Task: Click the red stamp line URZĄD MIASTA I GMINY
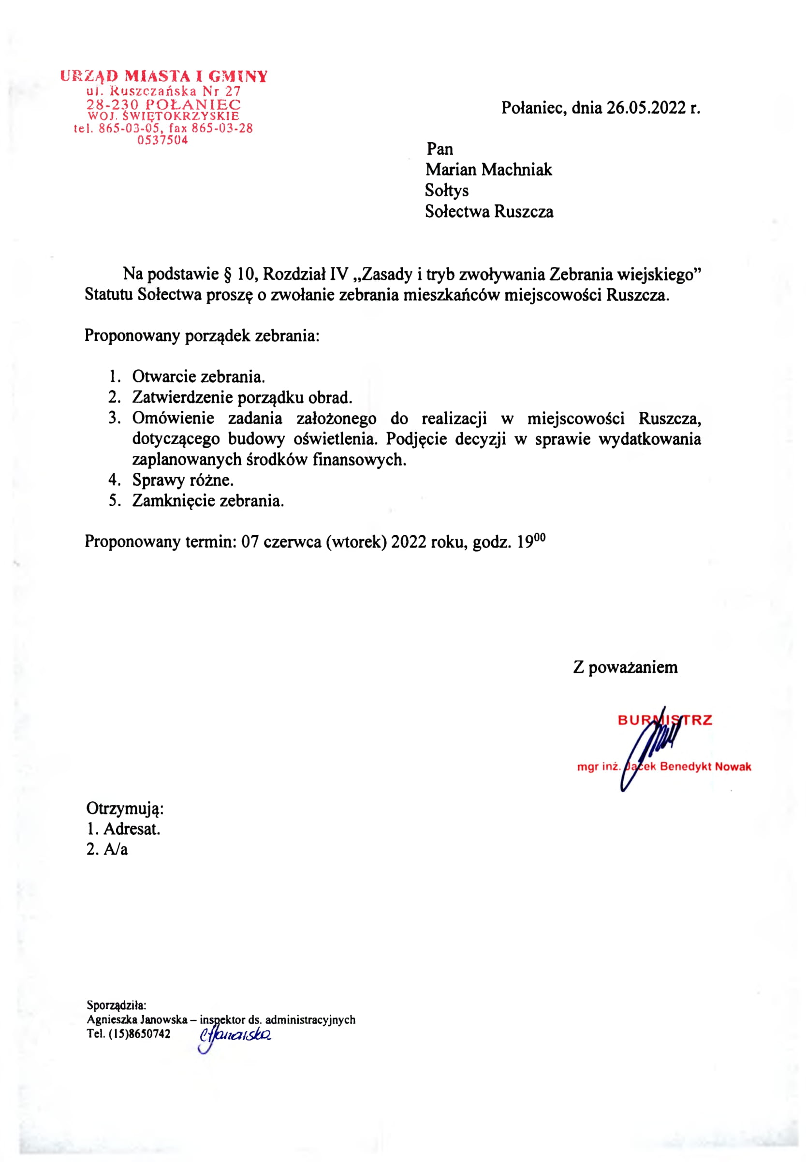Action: pos(163,76)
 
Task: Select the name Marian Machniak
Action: pos(488,170)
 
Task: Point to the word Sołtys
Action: pos(446,190)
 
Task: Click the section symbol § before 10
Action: pos(227,274)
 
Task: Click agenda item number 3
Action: pos(114,418)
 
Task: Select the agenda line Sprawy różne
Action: pos(183,479)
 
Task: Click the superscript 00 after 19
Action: pos(540,537)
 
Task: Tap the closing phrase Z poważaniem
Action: pos(625,667)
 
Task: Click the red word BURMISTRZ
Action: pos(665,720)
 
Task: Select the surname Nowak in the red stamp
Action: pos(733,766)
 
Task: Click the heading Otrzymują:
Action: pos(125,808)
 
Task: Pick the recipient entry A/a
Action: pos(116,850)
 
